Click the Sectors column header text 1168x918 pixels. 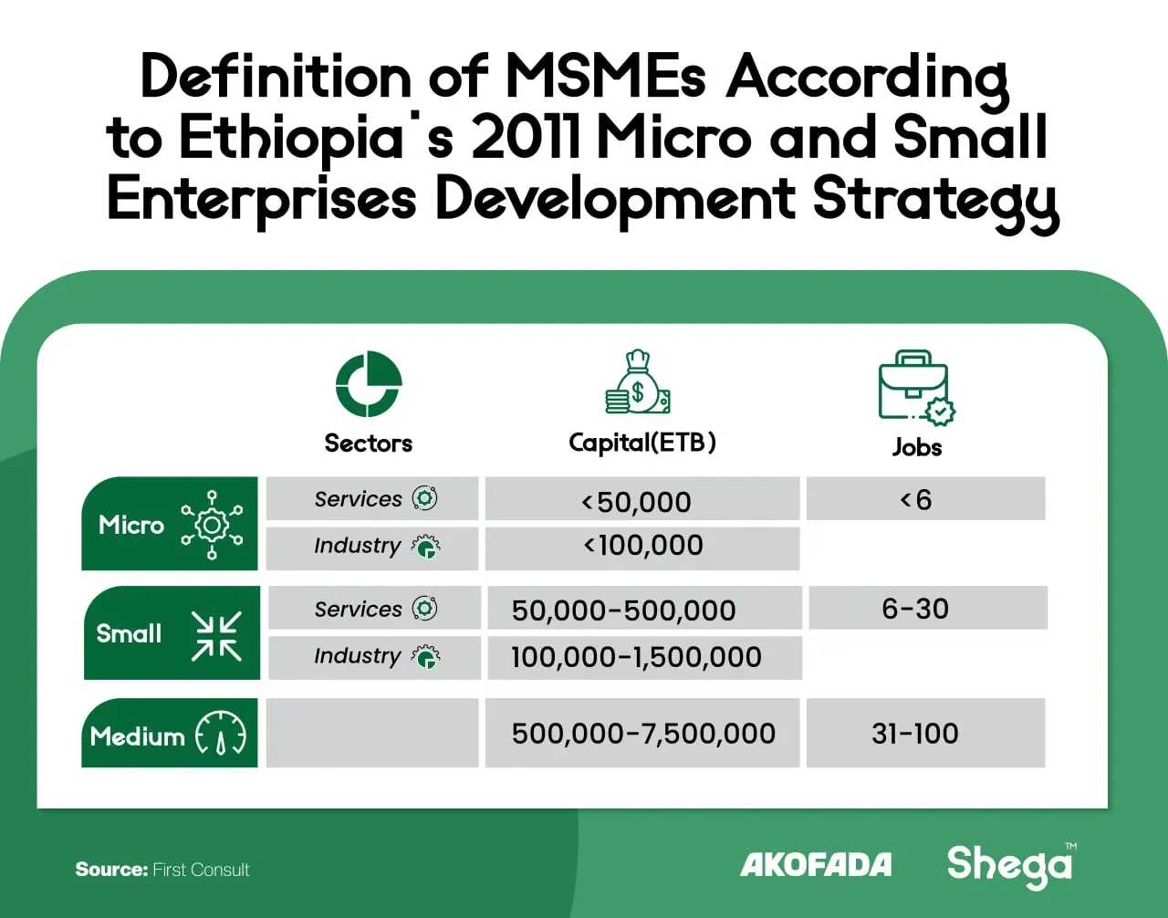tap(368, 443)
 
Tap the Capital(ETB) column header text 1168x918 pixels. tap(642, 443)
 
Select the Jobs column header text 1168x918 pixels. tap(917, 447)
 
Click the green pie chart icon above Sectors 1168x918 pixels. tap(369, 384)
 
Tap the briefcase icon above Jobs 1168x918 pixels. tap(917, 388)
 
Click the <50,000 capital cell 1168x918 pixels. tap(642, 498)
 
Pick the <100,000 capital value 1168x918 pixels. tap(643, 545)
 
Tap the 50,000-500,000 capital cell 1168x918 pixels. tap(645, 608)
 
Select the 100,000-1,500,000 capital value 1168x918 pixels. tap(636, 657)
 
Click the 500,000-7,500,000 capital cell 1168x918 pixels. tap(642, 733)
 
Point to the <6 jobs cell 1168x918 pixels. tap(925, 498)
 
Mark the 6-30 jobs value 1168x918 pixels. tap(915, 609)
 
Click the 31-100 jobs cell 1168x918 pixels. tap(925, 733)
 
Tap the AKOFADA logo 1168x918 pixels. tap(816, 864)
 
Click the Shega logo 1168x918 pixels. tap(1010, 865)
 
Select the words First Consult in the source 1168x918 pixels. tap(201, 870)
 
